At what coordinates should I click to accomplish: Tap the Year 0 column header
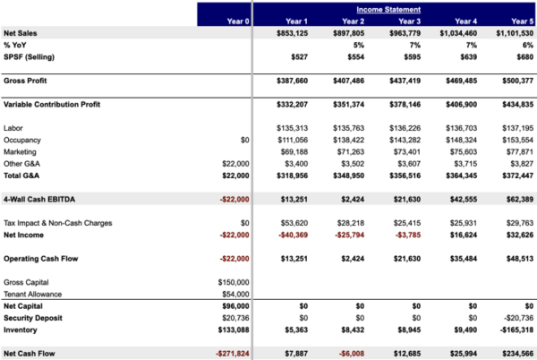[x=238, y=21]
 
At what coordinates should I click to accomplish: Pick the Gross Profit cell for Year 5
[x=516, y=80]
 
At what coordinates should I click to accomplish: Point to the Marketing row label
[x=21, y=152]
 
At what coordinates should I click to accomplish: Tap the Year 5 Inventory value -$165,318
[x=515, y=329]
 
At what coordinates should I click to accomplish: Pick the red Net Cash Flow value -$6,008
[x=349, y=353]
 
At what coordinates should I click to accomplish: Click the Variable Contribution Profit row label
[x=53, y=105]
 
